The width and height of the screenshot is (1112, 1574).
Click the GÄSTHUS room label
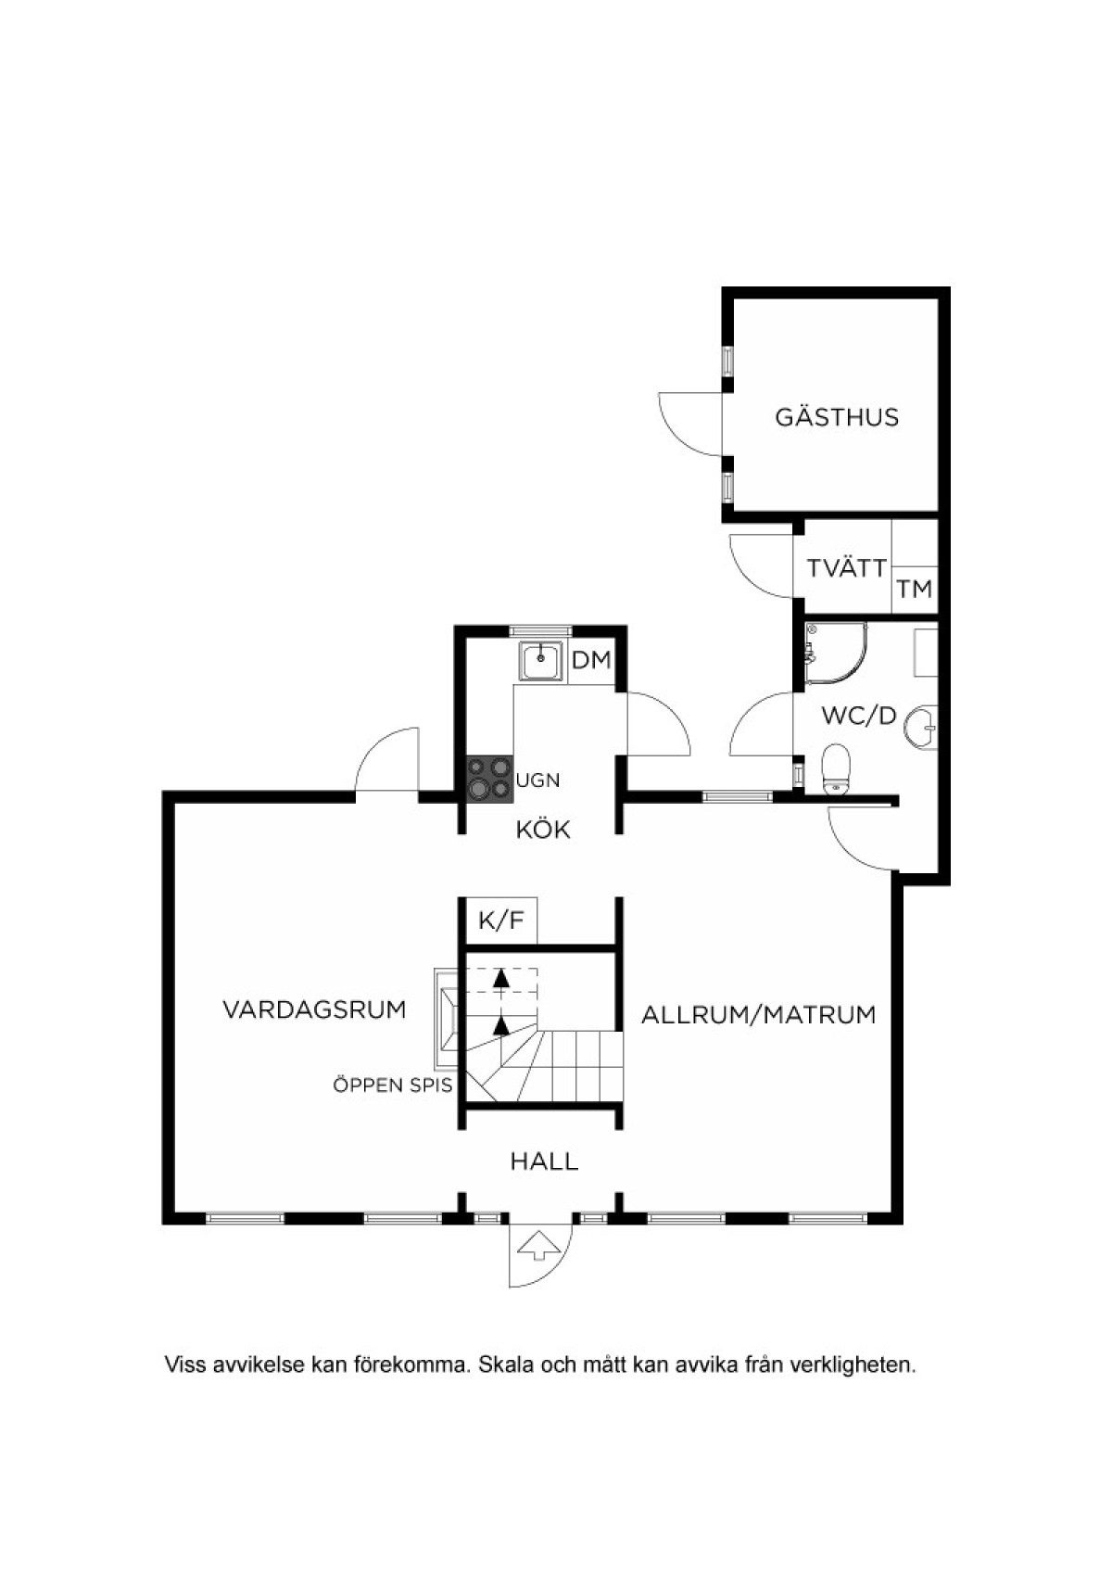point(837,417)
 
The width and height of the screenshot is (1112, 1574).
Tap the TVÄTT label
point(847,567)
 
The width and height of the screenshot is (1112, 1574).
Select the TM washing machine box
point(915,590)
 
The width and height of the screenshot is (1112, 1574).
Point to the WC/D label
point(860,716)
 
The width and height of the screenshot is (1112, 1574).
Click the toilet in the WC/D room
point(836,768)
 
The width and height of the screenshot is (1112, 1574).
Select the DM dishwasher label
point(591,661)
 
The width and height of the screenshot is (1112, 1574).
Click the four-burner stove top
point(490,779)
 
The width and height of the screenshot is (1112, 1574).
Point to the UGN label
point(538,780)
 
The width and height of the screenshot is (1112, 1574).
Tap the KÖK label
point(543,830)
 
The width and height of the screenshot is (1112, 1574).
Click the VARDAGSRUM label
point(315,1009)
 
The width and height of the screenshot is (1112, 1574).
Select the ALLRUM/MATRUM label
point(759,1015)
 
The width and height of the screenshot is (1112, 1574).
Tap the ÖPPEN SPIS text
point(393,1085)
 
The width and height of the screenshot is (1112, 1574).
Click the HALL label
point(544,1161)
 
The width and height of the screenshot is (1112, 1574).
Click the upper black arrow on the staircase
point(500,977)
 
